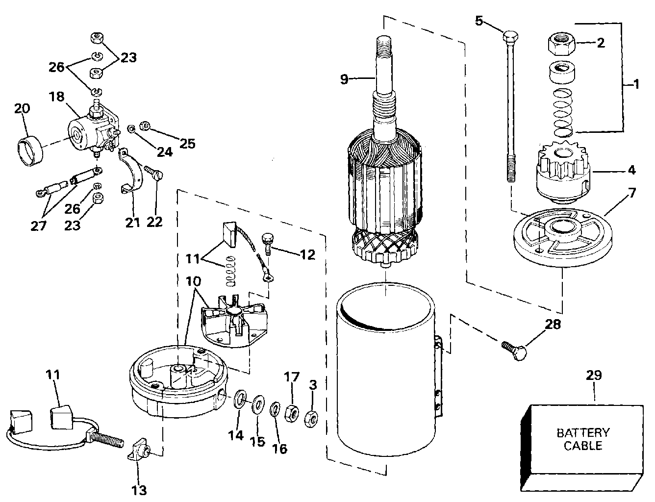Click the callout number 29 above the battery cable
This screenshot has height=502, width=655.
(x=594, y=376)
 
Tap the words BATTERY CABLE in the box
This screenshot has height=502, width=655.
(x=583, y=439)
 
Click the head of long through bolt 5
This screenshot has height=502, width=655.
(x=510, y=37)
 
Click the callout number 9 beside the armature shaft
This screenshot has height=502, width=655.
(x=345, y=79)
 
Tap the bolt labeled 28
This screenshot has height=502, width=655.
(x=514, y=351)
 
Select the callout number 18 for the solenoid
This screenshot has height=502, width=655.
(x=57, y=96)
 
